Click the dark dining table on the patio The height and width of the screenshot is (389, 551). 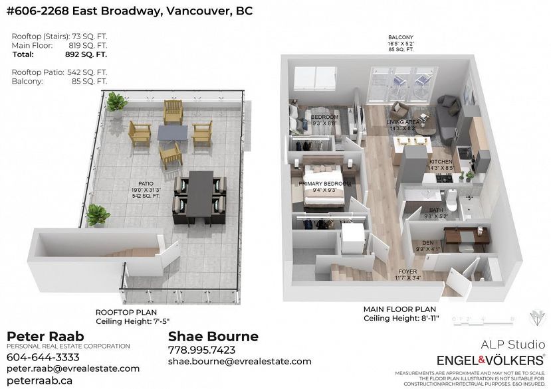click(200, 196)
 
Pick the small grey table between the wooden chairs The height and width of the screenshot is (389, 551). click(172, 133)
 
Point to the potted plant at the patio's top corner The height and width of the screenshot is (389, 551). click(116, 102)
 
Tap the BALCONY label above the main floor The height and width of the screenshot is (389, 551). click(401, 38)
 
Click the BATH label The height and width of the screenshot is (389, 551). click(436, 210)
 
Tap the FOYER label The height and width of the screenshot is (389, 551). click(407, 272)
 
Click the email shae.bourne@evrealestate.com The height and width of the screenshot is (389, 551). click(239, 361)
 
